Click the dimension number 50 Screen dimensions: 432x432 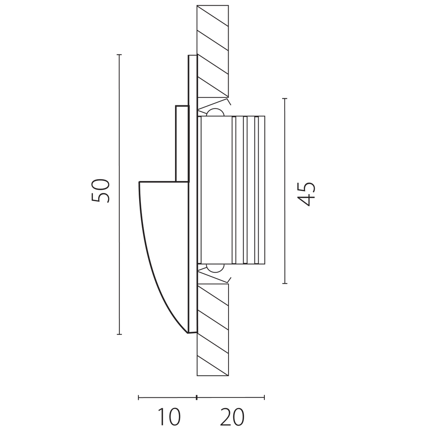(100, 191)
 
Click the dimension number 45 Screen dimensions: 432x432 (306, 194)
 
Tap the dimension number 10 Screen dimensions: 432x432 (169, 416)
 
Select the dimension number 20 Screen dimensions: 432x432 (232, 416)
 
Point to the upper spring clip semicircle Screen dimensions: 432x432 (216, 112)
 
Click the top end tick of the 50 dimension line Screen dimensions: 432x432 (119, 55)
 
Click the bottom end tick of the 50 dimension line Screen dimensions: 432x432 (119, 334)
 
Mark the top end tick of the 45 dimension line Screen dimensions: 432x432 (285, 98)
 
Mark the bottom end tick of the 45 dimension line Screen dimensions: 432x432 (285, 283)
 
